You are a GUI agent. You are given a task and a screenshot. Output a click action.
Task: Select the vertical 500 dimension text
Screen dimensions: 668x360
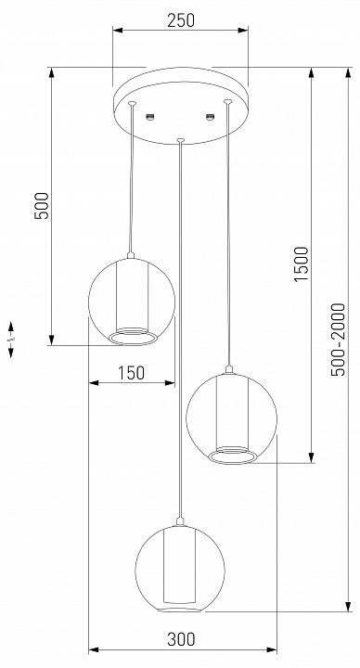(x=41, y=205)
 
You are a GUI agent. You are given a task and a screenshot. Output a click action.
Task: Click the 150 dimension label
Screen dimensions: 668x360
(x=131, y=373)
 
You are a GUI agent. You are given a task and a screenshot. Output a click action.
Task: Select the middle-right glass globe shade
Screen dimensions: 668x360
(x=228, y=415)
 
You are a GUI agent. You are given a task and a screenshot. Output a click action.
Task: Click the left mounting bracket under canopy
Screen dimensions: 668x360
(x=150, y=116)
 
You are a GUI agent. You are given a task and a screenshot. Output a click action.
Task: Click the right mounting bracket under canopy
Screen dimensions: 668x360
(x=210, y=116)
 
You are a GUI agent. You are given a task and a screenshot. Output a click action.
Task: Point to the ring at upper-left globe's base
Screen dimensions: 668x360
(x=131, y=335)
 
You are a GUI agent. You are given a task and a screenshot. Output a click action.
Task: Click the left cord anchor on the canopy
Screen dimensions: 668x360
(x=132, y=102)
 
